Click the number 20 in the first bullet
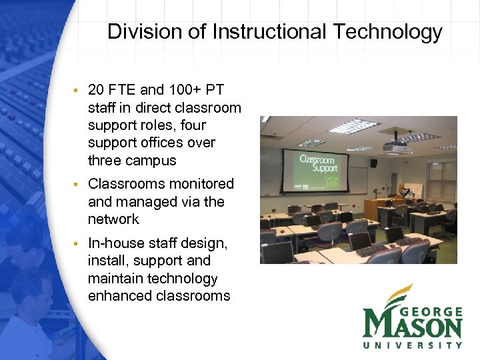pos(97,91)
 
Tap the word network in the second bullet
pos(113,219)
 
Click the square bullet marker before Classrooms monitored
pos(77,184)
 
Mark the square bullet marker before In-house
pos(77,243)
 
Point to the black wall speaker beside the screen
pos(373,163)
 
